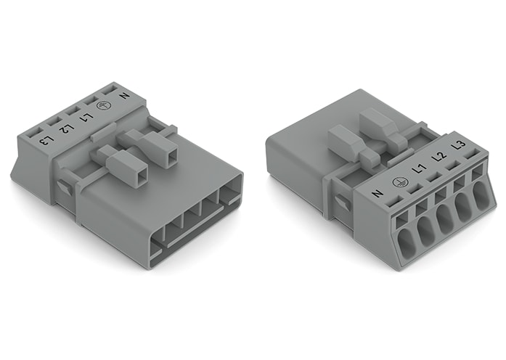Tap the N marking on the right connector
377,194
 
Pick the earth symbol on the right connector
397,182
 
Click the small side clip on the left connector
64,188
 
